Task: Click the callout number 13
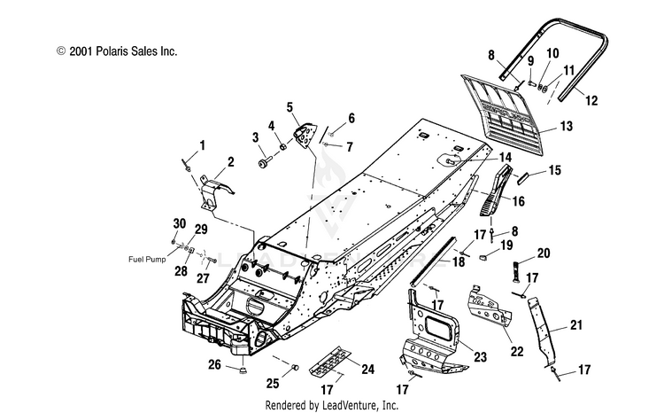[x=567, y=126]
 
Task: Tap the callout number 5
[x=290, y=107]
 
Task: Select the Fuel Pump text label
[x=147, y=259]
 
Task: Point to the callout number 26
[x=215, y=364]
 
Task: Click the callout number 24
[x=367, y=370]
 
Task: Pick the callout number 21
[x=576, y=325]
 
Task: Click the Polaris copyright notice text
[x=117, y=51]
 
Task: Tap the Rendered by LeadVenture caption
[x=332, y=405]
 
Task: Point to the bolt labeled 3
[x=265, y=161]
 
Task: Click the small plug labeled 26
[x=243, y=371]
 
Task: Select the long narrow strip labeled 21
[x=542, y=329]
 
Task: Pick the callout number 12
[x=591, y=100]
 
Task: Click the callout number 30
[x=180, y=223]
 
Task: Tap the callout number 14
[x=506, y=158]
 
